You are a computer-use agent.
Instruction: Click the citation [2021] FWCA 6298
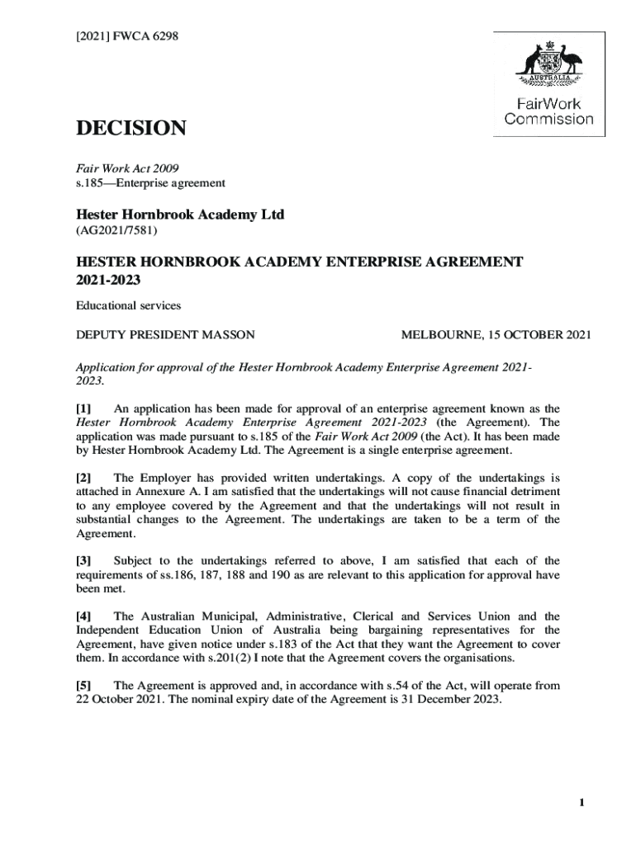(126, 36)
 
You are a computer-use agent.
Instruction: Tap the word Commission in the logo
(549, 119)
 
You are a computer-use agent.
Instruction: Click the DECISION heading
(131, 129)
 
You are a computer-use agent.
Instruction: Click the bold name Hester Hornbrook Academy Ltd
(180, 215)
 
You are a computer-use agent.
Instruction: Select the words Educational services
(128, 305)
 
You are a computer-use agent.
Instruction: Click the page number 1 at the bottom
(581, 803)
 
